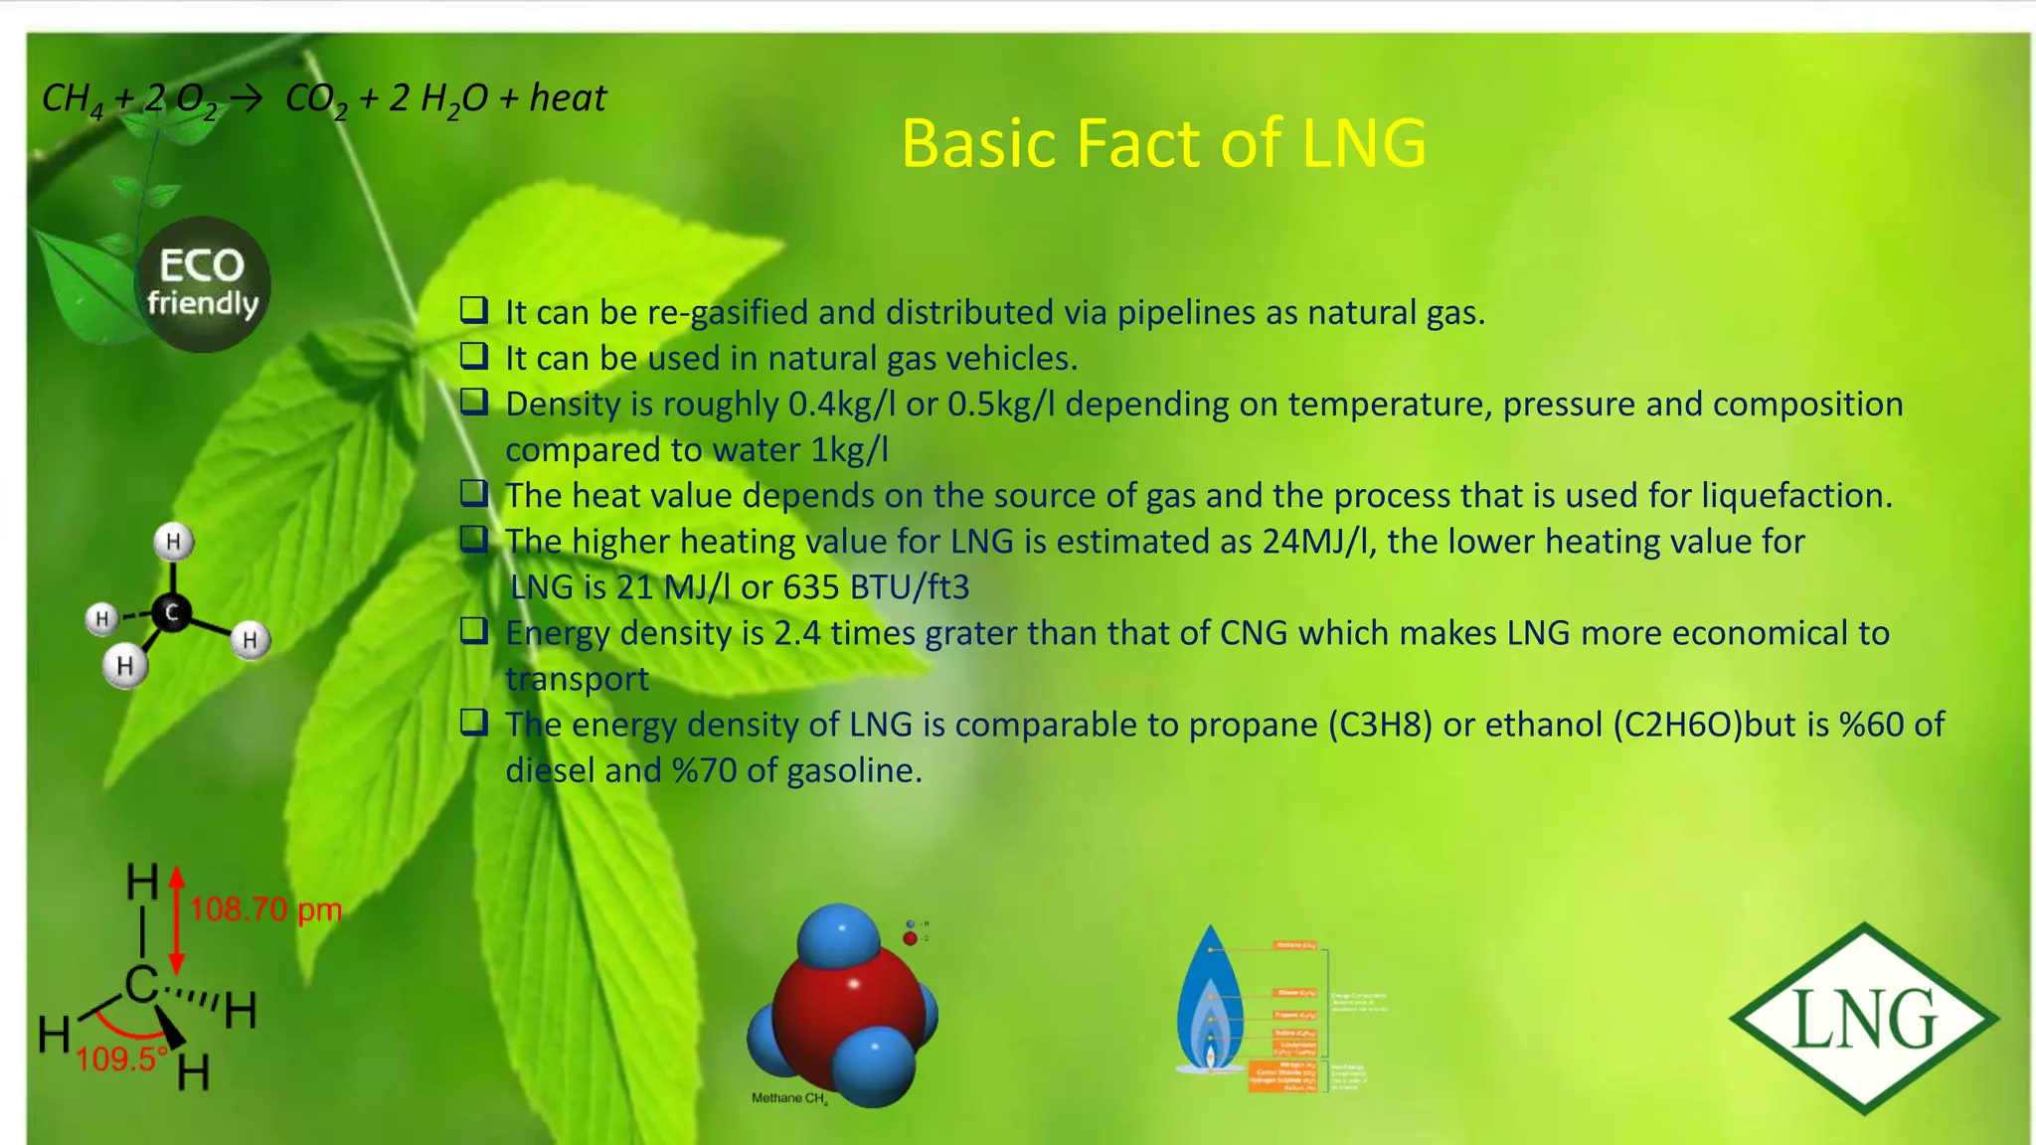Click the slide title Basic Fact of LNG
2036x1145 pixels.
1163,143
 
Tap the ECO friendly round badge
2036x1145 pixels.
203,284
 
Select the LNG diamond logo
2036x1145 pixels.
1864,1018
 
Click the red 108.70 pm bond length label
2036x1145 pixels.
265,909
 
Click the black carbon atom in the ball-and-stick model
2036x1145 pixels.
172,612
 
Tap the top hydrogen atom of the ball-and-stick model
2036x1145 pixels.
174,542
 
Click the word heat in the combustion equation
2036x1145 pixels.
568,98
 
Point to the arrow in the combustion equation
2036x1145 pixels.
247,97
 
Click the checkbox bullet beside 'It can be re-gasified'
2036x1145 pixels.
474,310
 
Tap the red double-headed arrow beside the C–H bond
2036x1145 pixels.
177,920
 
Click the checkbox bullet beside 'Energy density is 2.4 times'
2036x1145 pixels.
474,631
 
